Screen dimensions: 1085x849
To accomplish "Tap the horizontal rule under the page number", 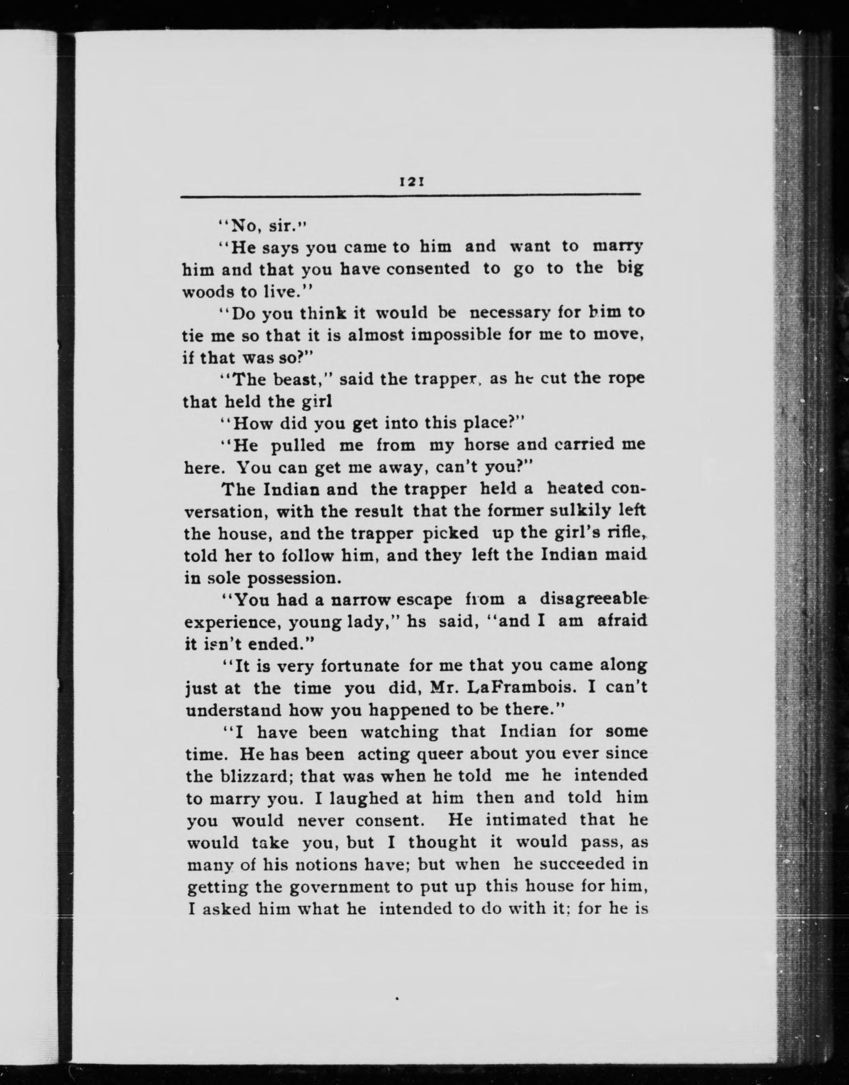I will pyautogui.click(x=410, y=196).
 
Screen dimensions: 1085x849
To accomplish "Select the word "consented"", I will pyautogui.click(x=428, y=269).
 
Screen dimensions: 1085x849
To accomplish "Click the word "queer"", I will pyautogui.click(x=438, y=754).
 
